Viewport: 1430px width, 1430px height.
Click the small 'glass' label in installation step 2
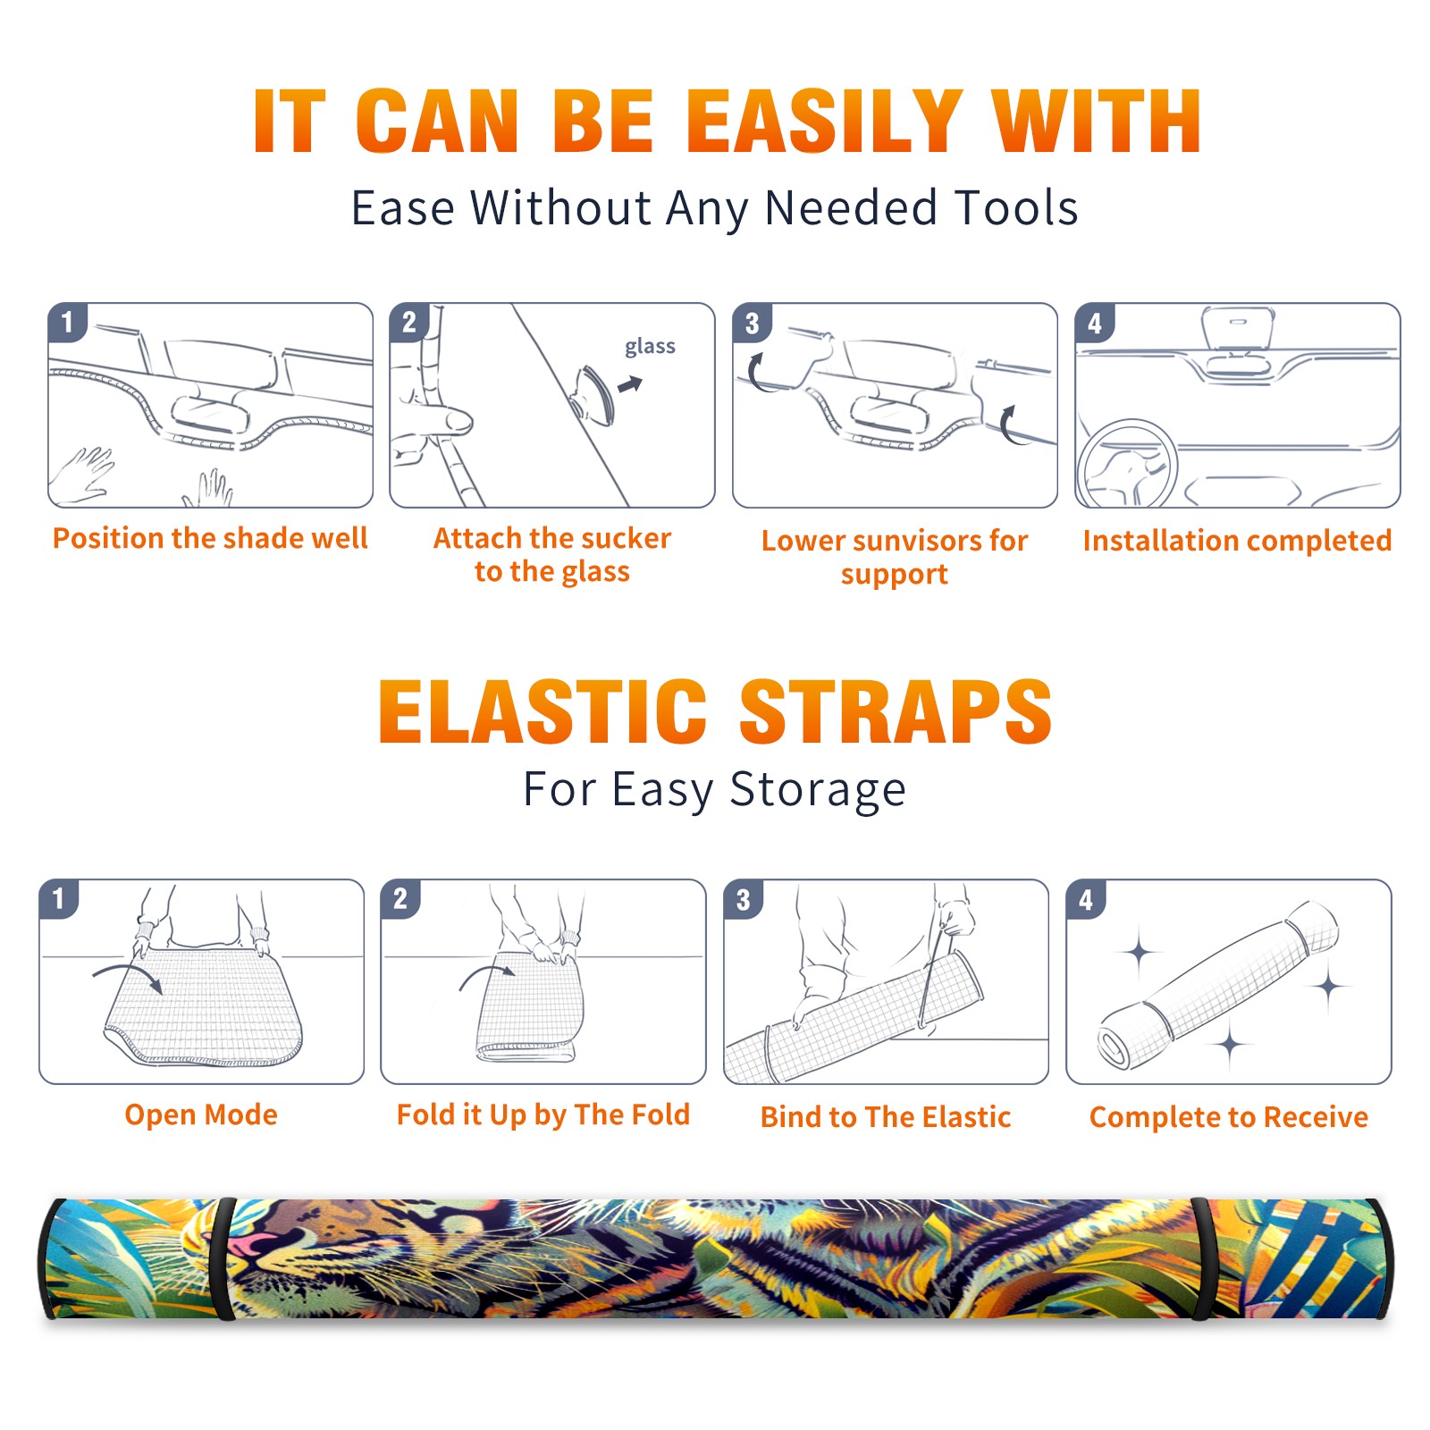click(650, 346)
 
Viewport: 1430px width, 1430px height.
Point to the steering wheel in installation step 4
click(1127, 464)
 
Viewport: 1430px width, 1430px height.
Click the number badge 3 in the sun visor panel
click(753, 323)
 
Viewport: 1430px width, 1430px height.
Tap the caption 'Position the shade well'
click(210, 538)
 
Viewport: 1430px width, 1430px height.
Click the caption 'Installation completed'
click(1237, 540)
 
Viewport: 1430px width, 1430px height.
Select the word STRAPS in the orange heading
click(896, 711)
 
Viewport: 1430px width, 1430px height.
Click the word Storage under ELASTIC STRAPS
click(818, 790)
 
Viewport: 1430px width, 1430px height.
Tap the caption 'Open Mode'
click(201, 1115)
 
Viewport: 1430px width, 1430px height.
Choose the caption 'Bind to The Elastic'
click(886, 1117)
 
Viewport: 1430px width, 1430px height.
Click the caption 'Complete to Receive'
click(1229, 1117)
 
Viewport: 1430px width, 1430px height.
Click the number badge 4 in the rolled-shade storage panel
click(1086, 899)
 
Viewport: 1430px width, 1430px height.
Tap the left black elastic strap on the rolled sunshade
click(225, 1258)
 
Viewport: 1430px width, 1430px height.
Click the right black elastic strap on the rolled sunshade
click(1203, 1258)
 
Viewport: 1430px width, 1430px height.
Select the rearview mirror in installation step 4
click(1237, 329)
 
